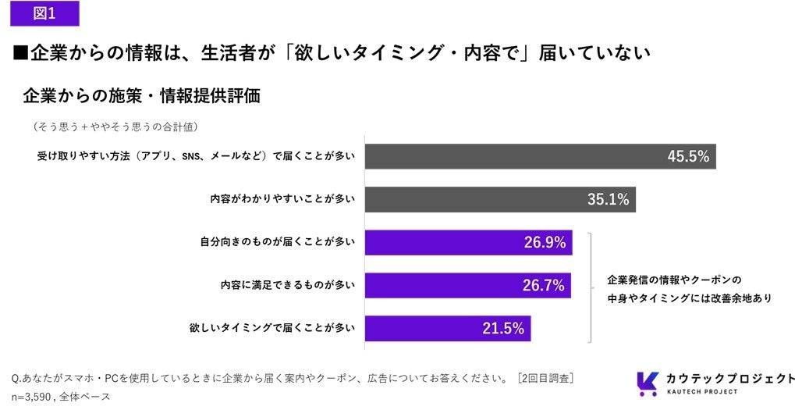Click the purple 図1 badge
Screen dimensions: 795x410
pyautogui.click(x=44, y=13)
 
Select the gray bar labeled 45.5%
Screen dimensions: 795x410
pyautogui.click(x=541, y=156)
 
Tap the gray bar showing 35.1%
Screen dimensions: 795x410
pyautogui.click(x=500, y=199)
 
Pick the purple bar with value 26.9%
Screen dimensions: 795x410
pyautogui.click(x=468, y=243)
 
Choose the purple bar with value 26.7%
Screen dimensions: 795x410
pyautogui.click(x=468, y=285)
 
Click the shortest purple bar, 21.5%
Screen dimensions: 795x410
pyautogui.click(x=448, y=328)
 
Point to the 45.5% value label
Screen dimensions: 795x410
pyautogui.click(x=688, y=156)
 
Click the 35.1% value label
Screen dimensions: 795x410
pyautogui.click(x=609, y=199)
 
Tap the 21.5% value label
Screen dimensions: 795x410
pyautogui.click(x=503, y=328)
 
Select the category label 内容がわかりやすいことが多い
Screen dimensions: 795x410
pyautogui.click(x=283, y=199)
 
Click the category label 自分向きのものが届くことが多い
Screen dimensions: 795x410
pyautogui.click(x=278, y=242)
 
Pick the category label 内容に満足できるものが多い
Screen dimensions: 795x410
pyautogui.click(x=288, y=285)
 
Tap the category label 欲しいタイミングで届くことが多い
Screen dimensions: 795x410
pyautogui.click(x=273, y=328)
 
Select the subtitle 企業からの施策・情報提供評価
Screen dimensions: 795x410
pyautogui.click(x=141, y=96)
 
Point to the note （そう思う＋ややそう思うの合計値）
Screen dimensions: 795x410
pyautogui.click(x=115, y=127)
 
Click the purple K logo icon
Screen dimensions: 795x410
pyautogui.click(x=648, y=383)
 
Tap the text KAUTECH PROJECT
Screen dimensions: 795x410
pyautogui.click(x=701, y=391)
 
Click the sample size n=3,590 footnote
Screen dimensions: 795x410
pyautogui.click(x=61, y=396)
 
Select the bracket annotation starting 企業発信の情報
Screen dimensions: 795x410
pyautogui.click(x=690, y=289)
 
